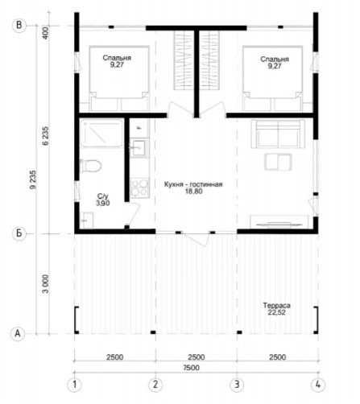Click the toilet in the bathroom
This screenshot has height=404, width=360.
point(90,166)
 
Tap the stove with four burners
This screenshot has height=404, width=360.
point(139,188)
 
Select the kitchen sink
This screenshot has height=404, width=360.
point(139,147)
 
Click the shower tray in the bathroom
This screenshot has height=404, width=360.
point(101,134)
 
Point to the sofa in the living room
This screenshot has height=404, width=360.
point(278,134)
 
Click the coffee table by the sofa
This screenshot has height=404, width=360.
point(278,162)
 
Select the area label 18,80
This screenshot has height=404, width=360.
point(193,192)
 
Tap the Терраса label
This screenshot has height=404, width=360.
point(276,305)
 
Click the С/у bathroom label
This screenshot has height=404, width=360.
point(103,196)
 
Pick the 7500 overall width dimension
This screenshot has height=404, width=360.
point(192,368)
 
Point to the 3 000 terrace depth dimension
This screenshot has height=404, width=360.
point(46,284)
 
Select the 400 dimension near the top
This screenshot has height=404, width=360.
point(46,33)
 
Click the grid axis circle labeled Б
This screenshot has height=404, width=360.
point(19,233)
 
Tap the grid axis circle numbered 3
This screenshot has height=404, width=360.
point(237,385)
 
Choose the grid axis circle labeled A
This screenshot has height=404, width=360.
point(18,334)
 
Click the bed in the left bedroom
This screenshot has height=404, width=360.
point(119,79)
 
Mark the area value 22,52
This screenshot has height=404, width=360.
point(276,312)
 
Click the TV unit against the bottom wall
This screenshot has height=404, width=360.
point(279,222)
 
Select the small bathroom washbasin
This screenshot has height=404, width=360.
point(86,221)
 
